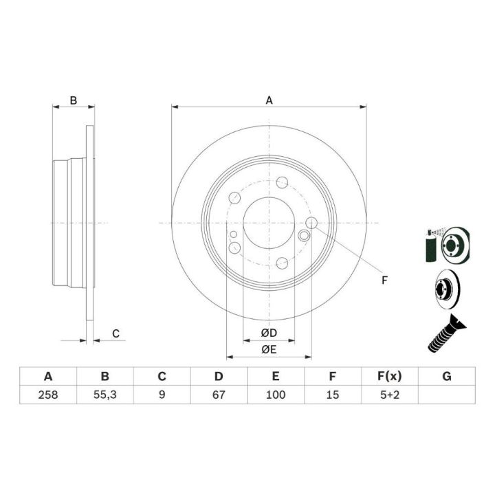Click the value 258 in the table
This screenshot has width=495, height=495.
48,395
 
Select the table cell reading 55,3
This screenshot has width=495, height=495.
104,395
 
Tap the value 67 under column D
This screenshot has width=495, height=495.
219,395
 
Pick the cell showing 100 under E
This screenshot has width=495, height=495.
276,395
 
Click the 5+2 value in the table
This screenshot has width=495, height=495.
390,395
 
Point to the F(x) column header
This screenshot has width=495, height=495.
390,376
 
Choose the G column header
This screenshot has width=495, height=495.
447,376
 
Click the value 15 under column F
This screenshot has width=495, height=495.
333,395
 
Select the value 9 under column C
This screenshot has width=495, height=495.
162,395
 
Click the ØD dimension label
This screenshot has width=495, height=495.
269,333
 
